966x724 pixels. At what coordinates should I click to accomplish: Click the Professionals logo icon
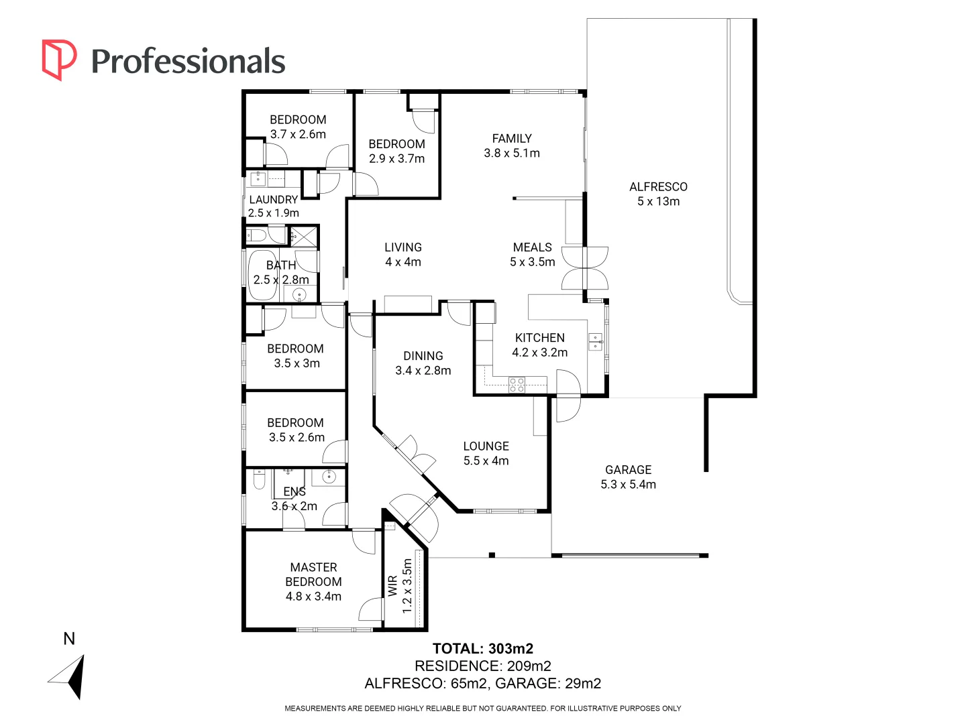(x=59, y=60)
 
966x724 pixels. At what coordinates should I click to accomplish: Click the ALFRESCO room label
(x=658, y=187)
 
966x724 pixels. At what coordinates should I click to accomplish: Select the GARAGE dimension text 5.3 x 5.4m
(x=628, y=485)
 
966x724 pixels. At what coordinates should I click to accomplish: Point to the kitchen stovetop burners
(x=517, y=385)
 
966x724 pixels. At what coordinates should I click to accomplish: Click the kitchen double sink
(x=595, y=342)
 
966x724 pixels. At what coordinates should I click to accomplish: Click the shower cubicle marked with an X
(x=303, y=237)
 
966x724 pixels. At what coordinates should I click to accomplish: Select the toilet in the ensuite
(x=259, y=480)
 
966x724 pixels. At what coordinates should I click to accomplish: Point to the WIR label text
(x=392, y=586)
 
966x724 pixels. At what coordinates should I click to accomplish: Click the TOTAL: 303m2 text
(x=482, y=648)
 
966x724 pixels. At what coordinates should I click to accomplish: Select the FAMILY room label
(x=512, y=139)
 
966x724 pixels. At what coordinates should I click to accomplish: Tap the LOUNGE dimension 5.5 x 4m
(x=486, y=461)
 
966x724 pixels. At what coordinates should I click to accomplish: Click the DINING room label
(x=423, y=356)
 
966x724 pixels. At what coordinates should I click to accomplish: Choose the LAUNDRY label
(x=273, y=200)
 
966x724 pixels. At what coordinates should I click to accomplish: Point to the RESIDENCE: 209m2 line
(x=482, y=666)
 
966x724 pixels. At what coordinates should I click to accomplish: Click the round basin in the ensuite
(x=329, y=477)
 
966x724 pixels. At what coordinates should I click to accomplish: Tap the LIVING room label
(x=402, y=247)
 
